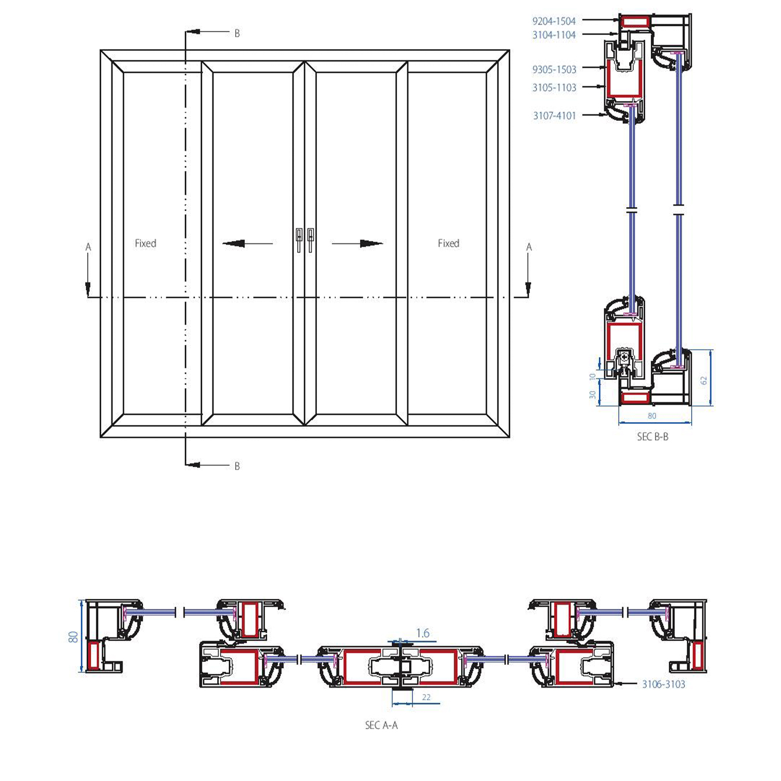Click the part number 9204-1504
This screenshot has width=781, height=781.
553,21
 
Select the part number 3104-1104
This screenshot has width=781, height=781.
553,35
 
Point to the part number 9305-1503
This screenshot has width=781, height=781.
554,69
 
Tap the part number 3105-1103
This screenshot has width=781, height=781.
554,88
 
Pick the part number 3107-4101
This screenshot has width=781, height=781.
554,116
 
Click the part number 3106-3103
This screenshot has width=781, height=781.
663,684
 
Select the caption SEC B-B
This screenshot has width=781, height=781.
652,437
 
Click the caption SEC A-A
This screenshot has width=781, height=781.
381,725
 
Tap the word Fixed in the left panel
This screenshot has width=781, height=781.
145,243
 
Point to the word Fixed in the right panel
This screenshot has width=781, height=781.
448,243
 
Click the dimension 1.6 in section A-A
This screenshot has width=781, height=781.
423,633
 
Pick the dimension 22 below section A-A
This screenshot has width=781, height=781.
426,697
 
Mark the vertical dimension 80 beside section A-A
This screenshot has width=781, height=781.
74,636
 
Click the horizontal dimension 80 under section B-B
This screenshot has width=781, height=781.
652,416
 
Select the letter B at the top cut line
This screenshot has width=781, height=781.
237,34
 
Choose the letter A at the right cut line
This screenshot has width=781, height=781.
529,247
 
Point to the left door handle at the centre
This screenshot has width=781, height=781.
299,239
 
